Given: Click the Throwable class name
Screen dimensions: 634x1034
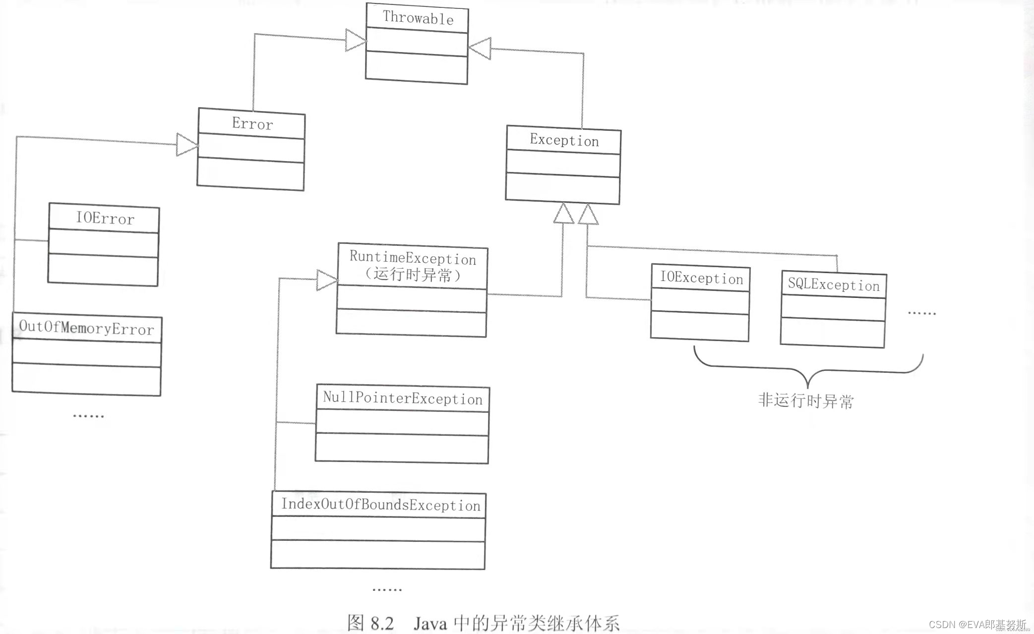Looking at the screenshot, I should tap(418, 18).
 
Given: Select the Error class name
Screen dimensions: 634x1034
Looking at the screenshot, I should tap(252, 123).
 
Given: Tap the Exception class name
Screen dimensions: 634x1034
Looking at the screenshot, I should tap(564, 140).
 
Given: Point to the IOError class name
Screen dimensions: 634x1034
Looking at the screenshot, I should tap(105, 218).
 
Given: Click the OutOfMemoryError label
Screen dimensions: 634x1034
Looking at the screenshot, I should tap(87, 328).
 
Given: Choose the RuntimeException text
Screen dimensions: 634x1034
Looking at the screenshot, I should tap(413, 258).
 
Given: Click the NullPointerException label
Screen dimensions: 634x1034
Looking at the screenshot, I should tap(403, 398).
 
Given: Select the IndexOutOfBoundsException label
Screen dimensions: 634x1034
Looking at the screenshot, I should tap(381, 505).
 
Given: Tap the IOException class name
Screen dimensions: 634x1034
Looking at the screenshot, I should tap(701, 278).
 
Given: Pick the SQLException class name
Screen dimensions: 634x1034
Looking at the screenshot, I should tap(834, 285).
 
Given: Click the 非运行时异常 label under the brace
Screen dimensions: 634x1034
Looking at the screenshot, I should tap(806, 401).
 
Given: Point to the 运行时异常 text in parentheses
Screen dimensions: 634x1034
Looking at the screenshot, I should tap(413, 275).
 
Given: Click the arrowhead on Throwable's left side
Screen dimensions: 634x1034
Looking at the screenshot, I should tap(355, 40).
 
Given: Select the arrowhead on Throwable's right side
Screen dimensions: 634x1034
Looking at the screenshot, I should tap(480, 49).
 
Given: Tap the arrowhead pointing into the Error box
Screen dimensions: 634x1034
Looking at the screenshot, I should tap(187, 145).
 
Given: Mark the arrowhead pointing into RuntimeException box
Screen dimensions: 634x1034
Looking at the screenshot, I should tap(327, 280).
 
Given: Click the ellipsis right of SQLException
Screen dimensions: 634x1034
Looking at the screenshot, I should tap(921, 313).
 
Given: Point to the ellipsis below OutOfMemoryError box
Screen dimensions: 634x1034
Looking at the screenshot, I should tap(88, 415).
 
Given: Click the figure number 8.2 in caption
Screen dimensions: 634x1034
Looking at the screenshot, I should tap(381, 623).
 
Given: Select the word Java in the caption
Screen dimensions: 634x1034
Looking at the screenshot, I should tap(429, 623).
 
